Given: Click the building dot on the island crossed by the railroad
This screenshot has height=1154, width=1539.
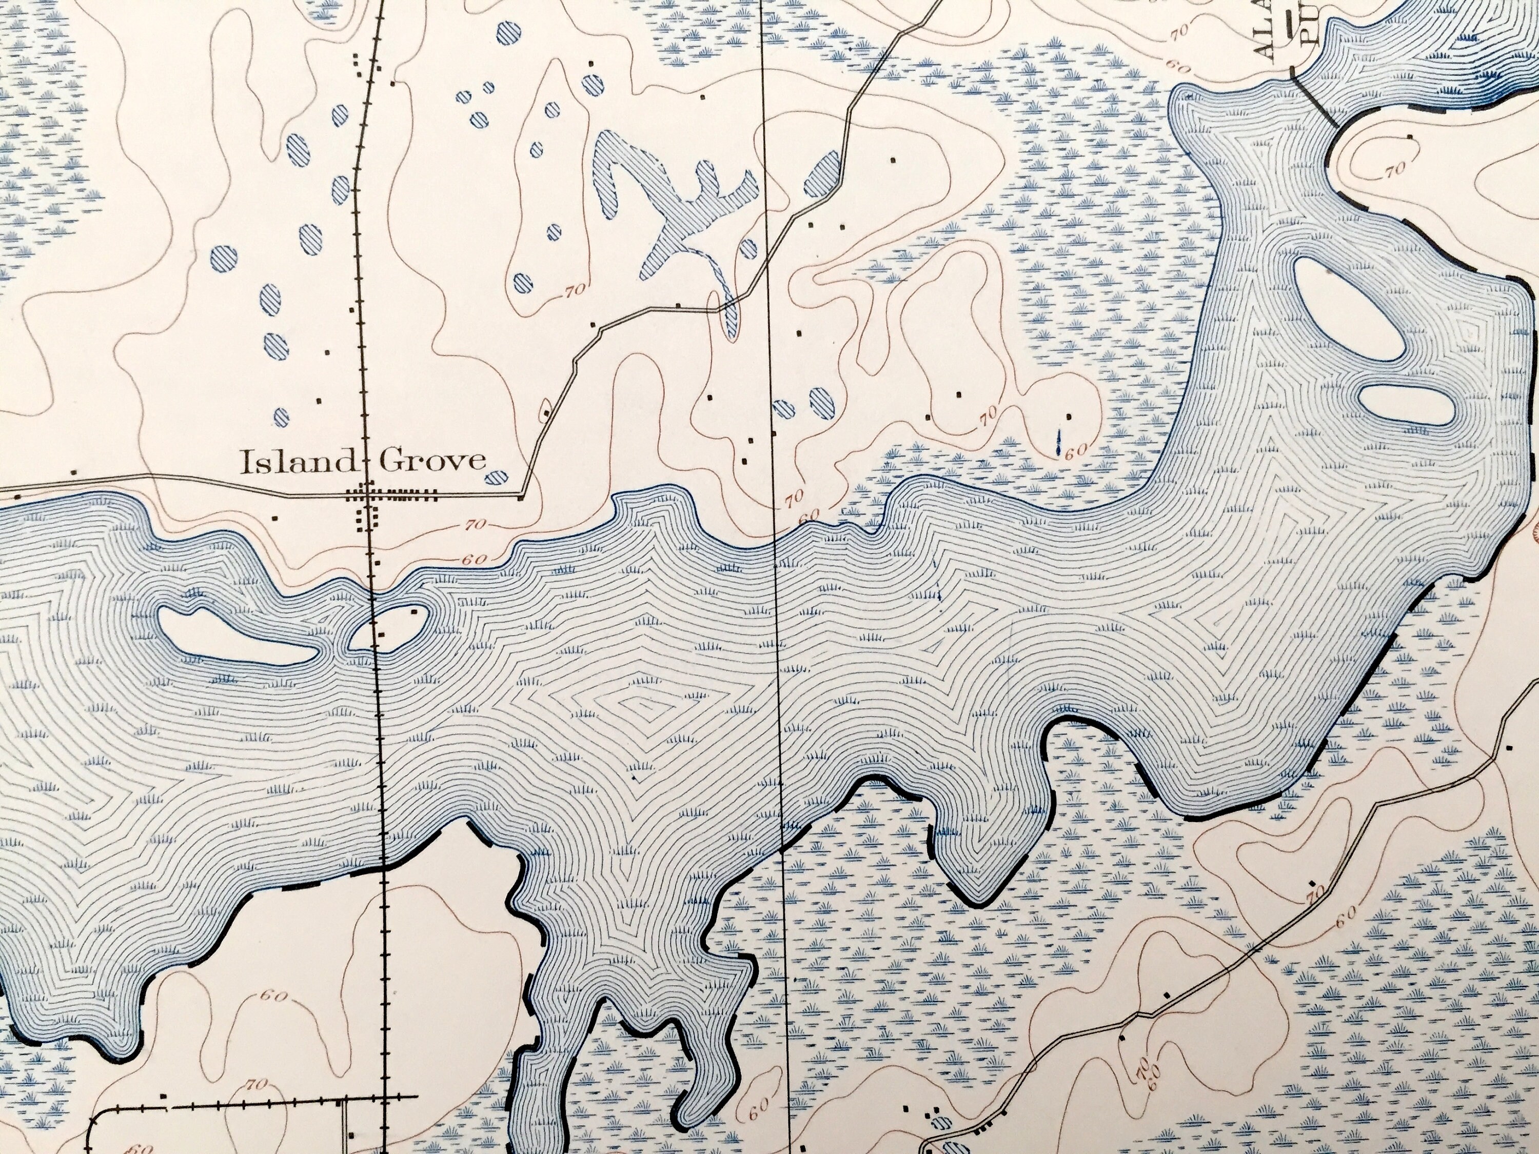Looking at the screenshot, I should point(416,611).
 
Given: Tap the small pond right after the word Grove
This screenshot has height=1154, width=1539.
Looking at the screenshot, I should point(496,477).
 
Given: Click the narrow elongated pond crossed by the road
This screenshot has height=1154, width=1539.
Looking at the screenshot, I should point(729,315).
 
